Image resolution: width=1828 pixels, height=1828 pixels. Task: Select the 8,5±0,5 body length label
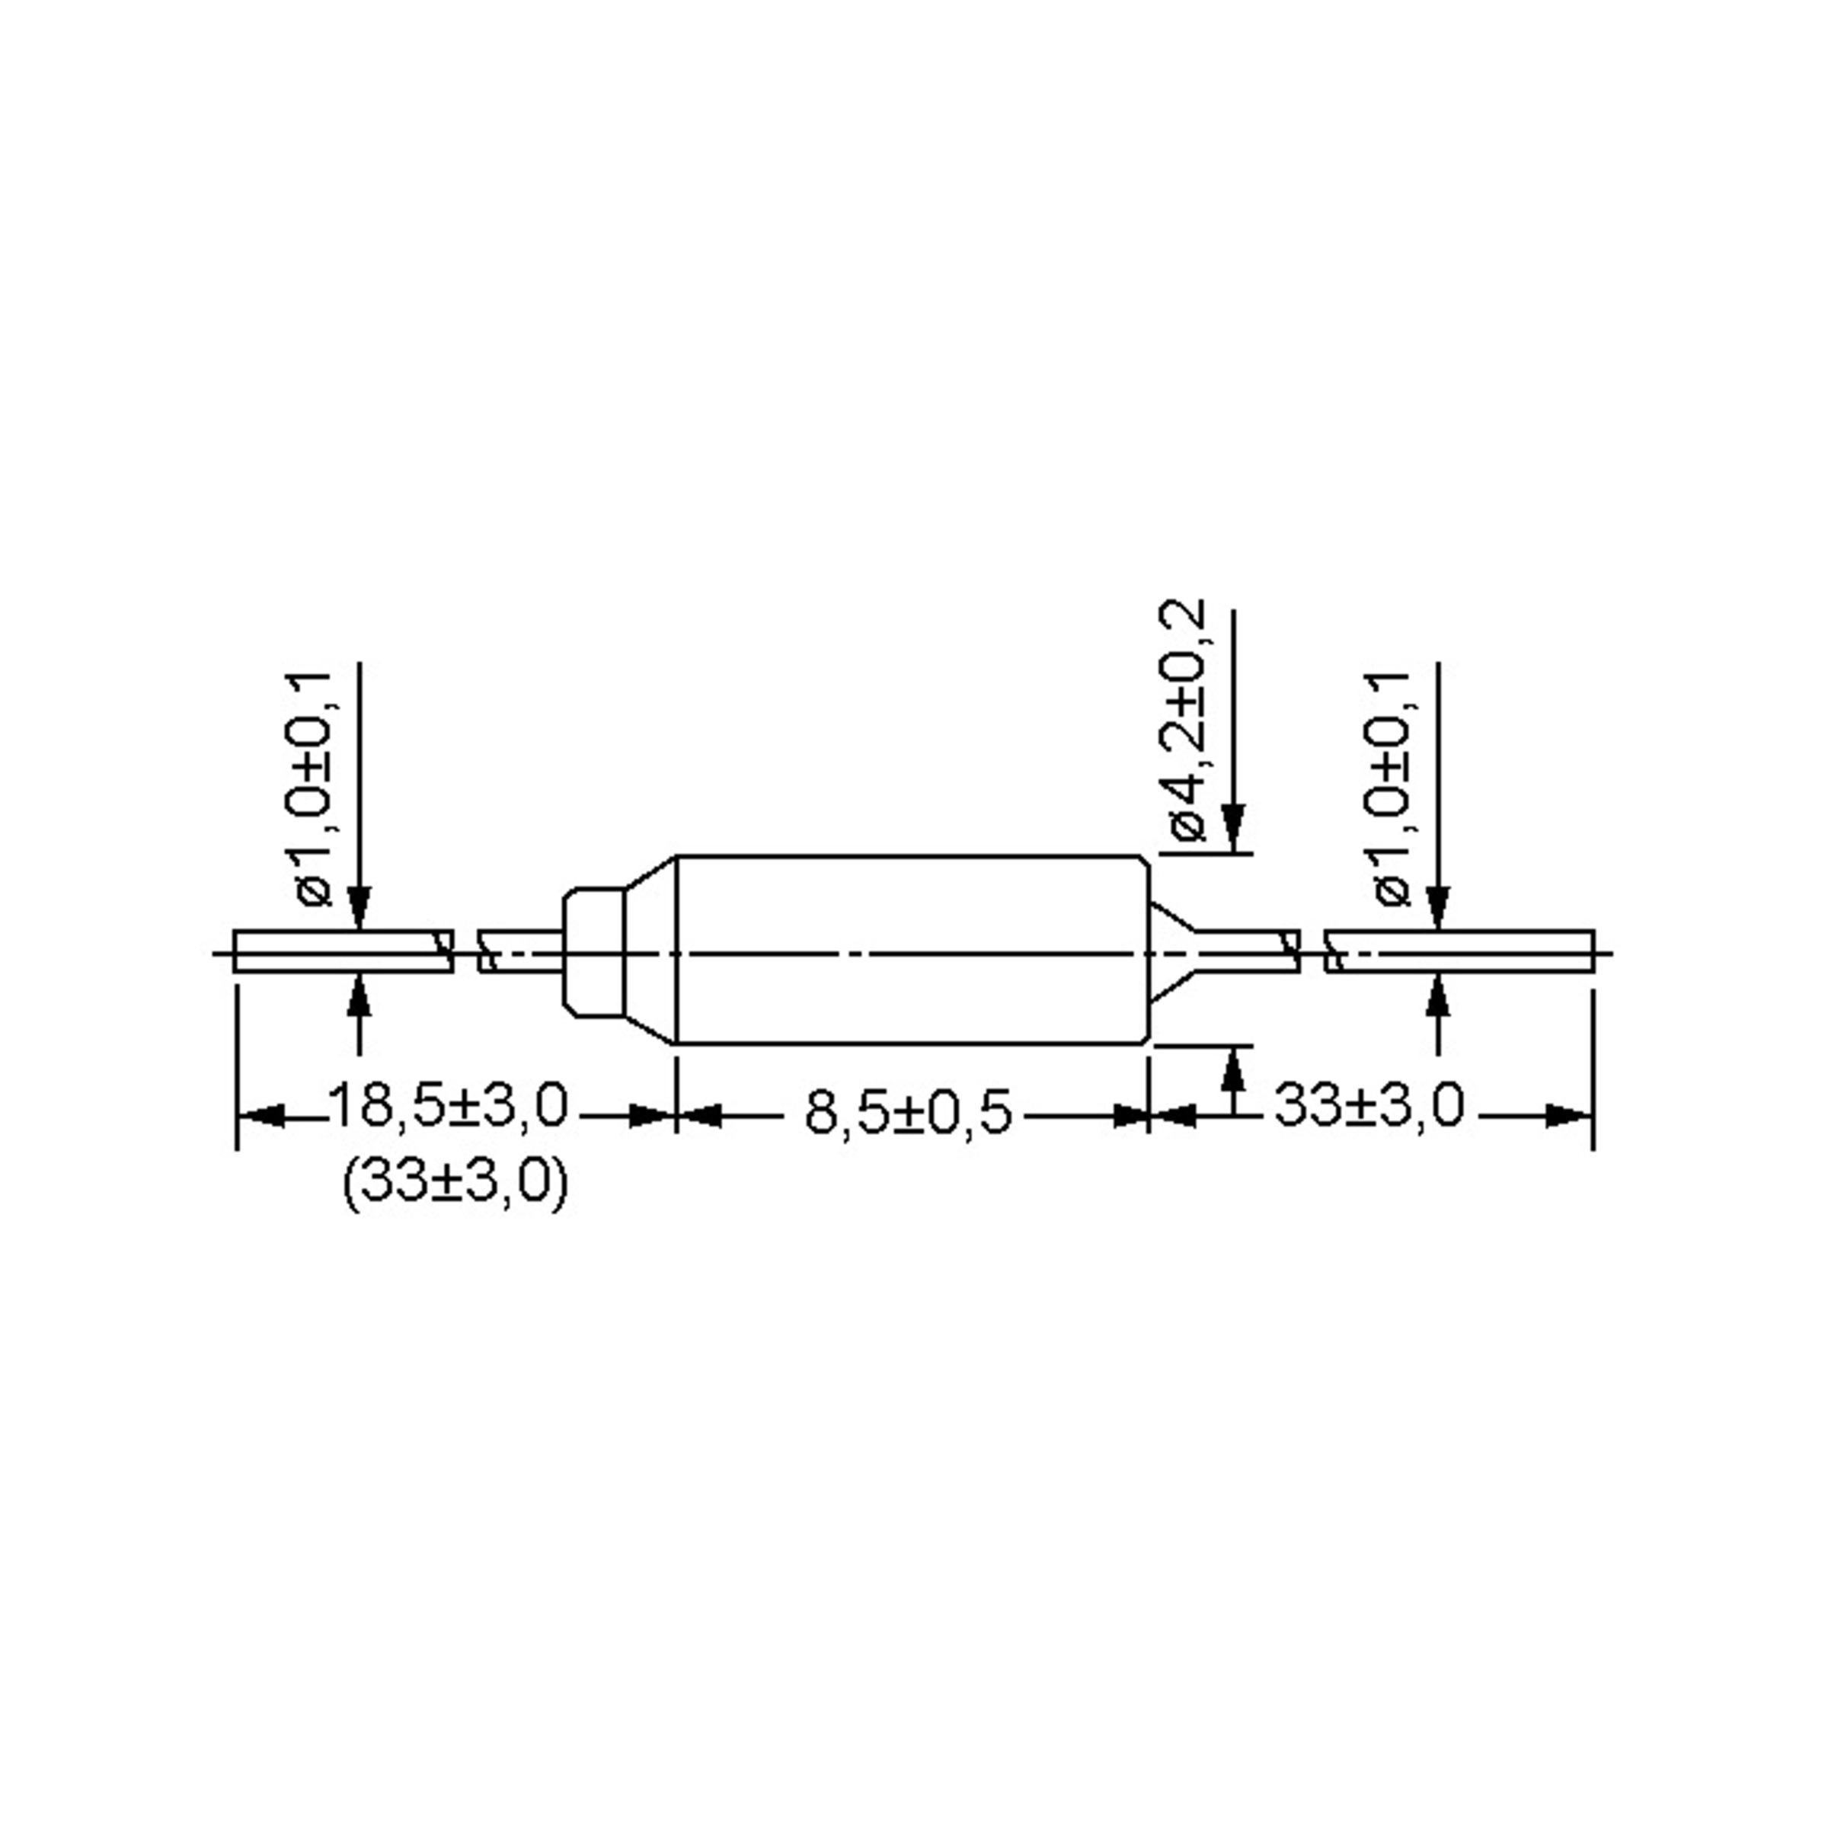[907, 1113]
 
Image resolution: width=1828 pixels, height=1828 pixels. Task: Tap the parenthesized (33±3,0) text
[455, 1183]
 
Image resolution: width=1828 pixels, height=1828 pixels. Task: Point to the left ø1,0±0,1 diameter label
[312, 790]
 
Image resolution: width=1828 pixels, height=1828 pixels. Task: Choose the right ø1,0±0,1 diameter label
[1390, 790]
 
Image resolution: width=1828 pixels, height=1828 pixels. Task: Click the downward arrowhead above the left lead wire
[359, 909]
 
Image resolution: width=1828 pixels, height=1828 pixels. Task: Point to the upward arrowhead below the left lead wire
[359, 995]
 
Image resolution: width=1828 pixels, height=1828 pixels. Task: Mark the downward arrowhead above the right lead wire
[1437, 909]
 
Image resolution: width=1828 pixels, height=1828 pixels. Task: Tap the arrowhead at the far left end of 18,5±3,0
[261, 1117]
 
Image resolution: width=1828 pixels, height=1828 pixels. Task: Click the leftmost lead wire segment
[340, 952]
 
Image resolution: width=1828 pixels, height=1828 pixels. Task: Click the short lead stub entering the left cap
[520, 952]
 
